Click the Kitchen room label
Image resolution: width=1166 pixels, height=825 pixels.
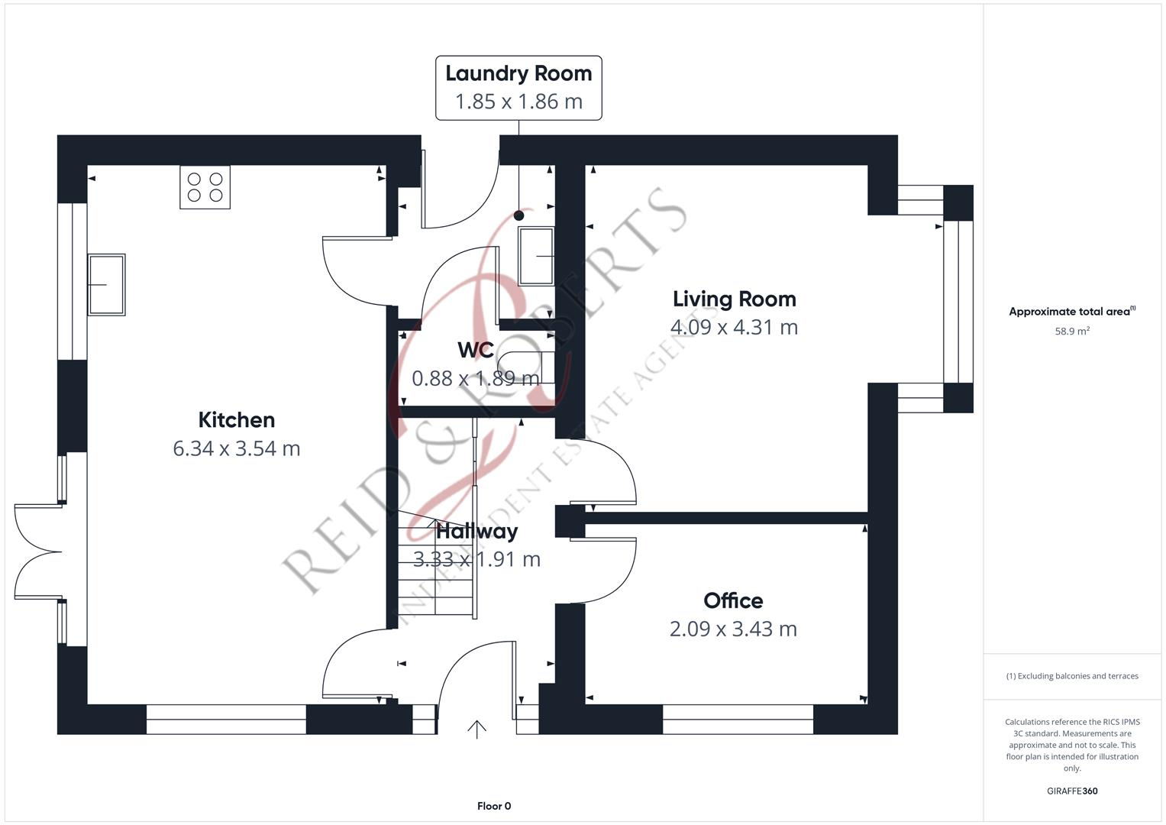236,419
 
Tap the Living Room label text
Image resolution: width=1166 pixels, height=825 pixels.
734,299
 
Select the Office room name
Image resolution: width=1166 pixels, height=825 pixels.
733,600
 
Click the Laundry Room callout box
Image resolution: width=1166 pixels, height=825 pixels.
518,87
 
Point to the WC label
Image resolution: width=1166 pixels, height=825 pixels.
475,350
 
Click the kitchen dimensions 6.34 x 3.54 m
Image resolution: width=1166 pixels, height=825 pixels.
236,448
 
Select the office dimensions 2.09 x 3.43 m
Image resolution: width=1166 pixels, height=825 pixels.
733,629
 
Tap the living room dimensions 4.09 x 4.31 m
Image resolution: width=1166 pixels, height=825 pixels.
734,327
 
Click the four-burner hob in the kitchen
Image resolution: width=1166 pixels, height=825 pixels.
205,187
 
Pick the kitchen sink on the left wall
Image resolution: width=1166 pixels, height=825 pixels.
106,285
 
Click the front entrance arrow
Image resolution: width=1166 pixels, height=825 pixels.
476,730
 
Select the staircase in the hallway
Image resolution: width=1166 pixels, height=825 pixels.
436,565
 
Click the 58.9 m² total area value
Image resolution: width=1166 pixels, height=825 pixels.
1071,332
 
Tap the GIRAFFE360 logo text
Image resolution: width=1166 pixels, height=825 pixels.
1071,791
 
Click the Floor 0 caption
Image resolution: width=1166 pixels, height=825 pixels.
493,806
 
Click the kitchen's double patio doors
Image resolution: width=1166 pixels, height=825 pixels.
38,552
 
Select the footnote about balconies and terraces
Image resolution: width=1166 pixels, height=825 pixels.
1071,676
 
